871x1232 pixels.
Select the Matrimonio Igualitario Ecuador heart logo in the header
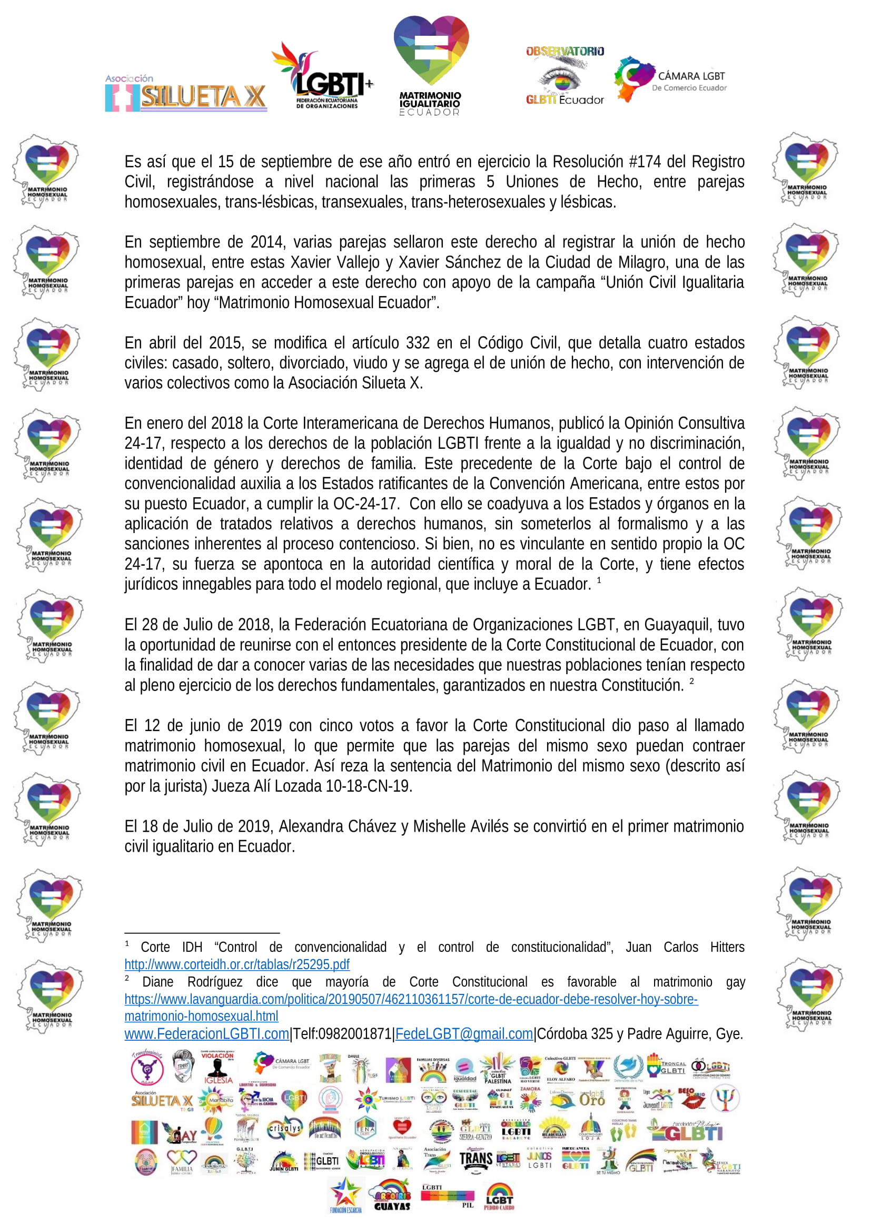(431, 64)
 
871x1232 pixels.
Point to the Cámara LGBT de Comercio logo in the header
(670, 80)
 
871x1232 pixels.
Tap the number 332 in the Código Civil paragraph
(418, 343)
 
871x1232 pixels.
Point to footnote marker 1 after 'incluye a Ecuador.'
(599, 580)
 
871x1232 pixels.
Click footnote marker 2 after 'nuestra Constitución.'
(691, 681)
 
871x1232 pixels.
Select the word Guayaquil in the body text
(677, 625)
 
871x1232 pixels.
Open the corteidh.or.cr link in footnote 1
(236, 964)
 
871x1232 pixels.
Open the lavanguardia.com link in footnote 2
(411, 999)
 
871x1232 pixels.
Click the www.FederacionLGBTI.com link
(206, 1033)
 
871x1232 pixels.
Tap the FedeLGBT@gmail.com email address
(464, 1033)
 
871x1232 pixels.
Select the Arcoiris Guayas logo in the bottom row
(391, 1195)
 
